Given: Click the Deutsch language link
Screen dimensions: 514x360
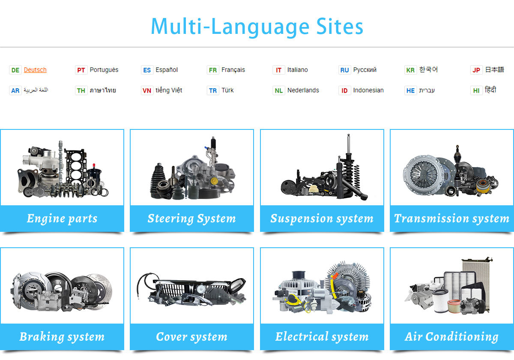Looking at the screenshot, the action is point(35,70).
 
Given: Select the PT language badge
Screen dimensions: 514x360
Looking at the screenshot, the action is point(81,70).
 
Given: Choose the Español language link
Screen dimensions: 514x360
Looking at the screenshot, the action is point(167,70).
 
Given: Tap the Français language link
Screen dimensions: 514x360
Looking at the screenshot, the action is point(233,70).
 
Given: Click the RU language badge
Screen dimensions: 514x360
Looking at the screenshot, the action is point(344,70).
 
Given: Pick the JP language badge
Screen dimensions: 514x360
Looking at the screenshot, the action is point(476,70).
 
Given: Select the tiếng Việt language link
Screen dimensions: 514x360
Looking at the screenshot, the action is point(169,90).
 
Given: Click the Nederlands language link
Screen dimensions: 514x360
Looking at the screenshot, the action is point(303,90).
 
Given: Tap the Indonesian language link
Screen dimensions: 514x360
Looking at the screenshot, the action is point(368,90).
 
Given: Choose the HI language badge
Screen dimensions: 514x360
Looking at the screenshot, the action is point(476,90).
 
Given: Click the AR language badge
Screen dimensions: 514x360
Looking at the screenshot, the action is point(15,90).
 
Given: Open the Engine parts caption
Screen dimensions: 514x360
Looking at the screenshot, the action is point(62,219).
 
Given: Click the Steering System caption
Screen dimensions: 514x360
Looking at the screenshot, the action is point(191,219).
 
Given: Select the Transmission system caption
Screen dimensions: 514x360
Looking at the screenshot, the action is point(451,219).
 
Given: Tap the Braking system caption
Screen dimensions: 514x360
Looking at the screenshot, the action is point(62,337).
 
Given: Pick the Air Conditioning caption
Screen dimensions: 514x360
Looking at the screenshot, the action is point(451,337).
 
